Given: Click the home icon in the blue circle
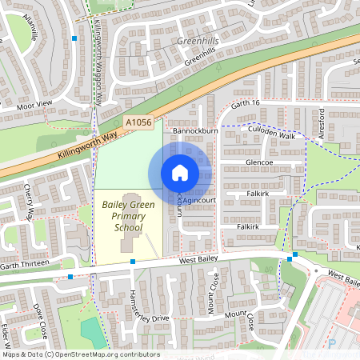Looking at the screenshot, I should [x=180, y=173].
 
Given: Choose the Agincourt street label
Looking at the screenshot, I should [x=200, y=202].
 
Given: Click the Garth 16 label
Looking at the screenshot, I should [x=246, y=104].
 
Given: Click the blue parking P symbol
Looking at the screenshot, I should [x=332, y=343].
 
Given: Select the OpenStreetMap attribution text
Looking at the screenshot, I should [x=80, y=354].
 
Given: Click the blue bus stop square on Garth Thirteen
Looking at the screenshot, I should [x=71, y=277].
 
